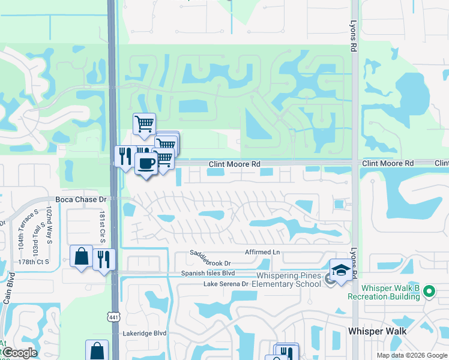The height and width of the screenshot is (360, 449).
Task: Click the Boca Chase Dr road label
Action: [x=80, y=199]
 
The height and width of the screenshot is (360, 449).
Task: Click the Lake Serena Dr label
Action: [x=226, y=283]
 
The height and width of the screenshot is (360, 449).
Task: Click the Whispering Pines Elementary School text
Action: [x=289, y=280]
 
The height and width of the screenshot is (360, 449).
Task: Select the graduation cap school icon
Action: [x=340, y=271]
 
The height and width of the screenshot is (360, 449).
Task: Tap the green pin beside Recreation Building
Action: [x=428, y=292]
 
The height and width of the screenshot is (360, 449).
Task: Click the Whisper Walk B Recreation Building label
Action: [x=383, y=292]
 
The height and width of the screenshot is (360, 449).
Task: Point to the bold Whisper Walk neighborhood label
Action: [x=377, y=331]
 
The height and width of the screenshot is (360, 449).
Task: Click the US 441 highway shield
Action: [x=113, y=316]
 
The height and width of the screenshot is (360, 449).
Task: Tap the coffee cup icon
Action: [x=146, y=163]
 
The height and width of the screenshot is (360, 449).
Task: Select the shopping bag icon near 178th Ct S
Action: [x=81, y=256]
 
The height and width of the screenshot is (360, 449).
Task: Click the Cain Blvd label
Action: [x=8, y=288]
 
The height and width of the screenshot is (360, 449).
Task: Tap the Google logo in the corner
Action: [x=19, y=353]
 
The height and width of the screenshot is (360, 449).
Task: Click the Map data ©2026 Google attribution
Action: [x=411, y=355]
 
